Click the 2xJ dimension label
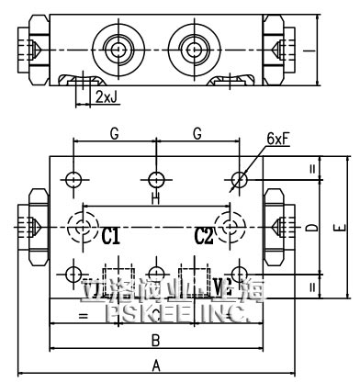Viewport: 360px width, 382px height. click(104, 95)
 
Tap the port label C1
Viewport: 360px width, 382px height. click(111, 237)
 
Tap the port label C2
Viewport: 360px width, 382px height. click(204, 237)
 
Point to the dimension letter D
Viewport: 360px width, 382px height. click(312, 226)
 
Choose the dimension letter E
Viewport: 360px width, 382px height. click(338, 226)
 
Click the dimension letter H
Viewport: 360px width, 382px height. click(155, 197)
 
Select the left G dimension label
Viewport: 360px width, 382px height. click(115, 134)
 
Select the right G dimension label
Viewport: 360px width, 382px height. click(197, 134)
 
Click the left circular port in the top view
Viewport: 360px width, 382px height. click(117, 46)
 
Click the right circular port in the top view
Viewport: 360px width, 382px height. click(195, 46)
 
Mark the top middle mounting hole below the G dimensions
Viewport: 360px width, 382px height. click(156, 177)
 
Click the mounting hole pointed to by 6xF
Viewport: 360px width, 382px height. click(239, 177)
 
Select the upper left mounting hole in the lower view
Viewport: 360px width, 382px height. click(74, 177)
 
